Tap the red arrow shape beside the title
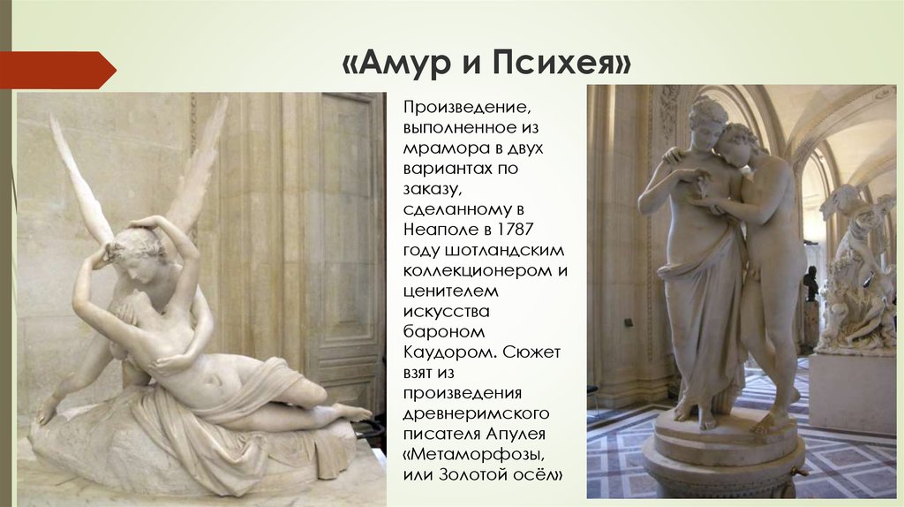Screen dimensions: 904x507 coord(57,70)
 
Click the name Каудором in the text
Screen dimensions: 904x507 coord(448,352)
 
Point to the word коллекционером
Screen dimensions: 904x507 coord(478,271)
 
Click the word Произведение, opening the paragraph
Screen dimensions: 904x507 coord(466,108)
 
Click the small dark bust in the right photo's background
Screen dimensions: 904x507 coord(811,284)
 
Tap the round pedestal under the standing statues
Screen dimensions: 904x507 coord(724,456)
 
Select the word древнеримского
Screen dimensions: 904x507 coord(476,414)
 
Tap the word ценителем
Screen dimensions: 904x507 coord(451,291)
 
